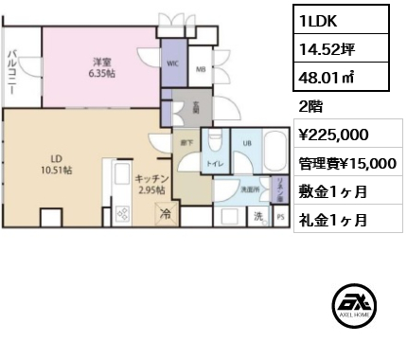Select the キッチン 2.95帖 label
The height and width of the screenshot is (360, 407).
[150, 184]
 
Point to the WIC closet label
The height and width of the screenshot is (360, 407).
[173, 64]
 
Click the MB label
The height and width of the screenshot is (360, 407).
[201, 68]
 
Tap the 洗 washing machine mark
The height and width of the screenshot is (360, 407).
[257, 216]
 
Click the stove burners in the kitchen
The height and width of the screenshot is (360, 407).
[122, 214]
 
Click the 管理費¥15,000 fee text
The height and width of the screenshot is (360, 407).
[345, 163]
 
